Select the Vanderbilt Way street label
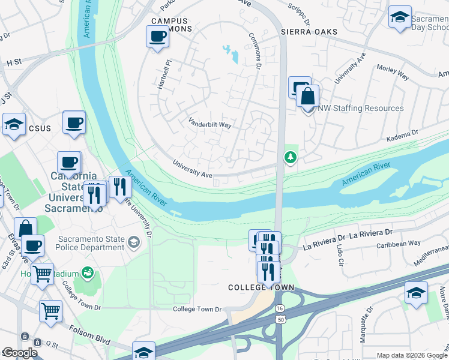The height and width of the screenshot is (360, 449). (x=209, y=124)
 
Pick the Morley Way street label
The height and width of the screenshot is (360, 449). (x=393, y=73)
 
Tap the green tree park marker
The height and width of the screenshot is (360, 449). (x=291, y=157)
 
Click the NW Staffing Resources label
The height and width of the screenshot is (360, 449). (x=360, y=109)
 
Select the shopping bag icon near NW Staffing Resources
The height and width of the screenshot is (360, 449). (x=307, y=96)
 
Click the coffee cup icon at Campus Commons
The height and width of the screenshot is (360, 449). (x=157, y=37)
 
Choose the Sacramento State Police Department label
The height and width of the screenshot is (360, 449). (x=91, y=243)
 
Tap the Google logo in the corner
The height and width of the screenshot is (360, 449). (x=20, y=353)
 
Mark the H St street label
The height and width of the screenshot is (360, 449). (x=14, y=62)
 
